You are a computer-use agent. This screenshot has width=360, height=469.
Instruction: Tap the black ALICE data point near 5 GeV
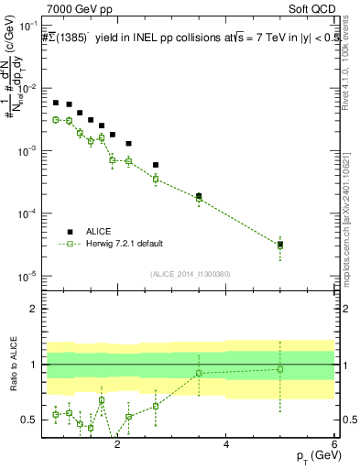point(280,245)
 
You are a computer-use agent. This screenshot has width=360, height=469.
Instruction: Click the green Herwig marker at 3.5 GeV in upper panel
point(199,198)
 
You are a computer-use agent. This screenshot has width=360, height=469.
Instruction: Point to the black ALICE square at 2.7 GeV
point(156,165)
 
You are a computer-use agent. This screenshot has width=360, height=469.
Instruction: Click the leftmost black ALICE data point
point(56,103)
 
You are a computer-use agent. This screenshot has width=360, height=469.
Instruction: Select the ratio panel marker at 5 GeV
point(280,369)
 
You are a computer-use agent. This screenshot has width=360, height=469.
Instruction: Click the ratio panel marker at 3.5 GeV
point(199,373)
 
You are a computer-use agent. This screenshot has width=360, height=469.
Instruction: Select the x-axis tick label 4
point(226,445)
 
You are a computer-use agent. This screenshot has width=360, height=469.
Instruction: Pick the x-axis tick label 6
point(334,445)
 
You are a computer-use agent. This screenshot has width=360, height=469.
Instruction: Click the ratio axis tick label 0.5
point(30,420)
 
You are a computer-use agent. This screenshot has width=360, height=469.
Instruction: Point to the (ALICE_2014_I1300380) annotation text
point(190,274)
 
